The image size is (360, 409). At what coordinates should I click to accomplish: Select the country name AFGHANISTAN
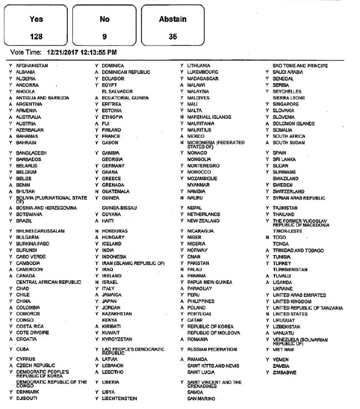click(33, 66)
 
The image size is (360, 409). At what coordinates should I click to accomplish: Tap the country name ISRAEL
click(109, 282)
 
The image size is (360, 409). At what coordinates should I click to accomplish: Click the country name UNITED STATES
click(291, 314)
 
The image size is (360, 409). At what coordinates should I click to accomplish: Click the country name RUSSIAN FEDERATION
click(211, 350)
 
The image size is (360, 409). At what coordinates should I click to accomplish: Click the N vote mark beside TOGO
click(267, 237)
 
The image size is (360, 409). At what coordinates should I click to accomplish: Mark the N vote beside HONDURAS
click(97, 231)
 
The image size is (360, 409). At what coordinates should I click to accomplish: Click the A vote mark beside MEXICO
click(182, 136)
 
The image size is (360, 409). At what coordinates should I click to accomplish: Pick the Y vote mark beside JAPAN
click(97, 302)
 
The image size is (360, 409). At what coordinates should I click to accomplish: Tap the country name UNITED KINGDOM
click(292, 302)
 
